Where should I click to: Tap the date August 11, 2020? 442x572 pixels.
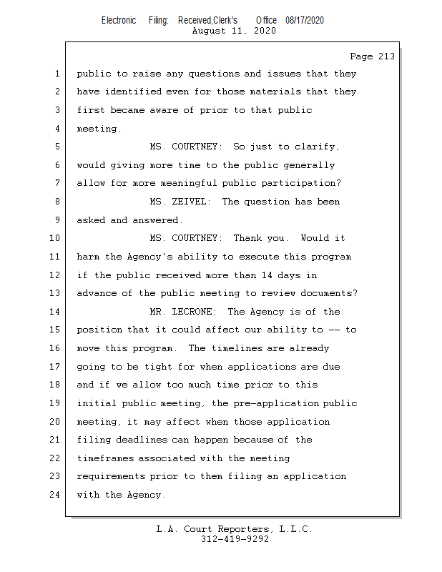point(235,31)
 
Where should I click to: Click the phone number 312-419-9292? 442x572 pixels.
point(235,539)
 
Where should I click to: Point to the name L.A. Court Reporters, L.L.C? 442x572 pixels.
point(235,529)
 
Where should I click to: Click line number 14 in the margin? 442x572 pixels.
point(56,312)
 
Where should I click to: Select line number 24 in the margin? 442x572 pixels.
point(56,495)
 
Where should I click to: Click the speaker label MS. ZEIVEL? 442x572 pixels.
point(180,202)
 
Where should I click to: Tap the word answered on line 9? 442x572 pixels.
point(158,220)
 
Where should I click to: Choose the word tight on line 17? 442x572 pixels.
point(177,367)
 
